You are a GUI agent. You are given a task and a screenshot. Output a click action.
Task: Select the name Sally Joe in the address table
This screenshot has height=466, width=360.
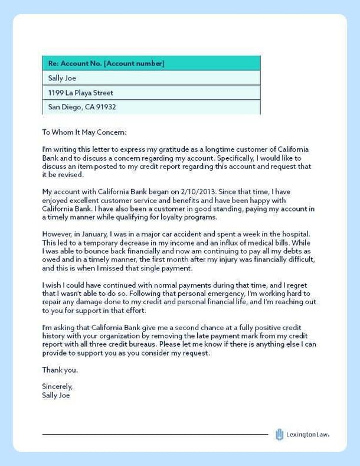click(x=63, y=78)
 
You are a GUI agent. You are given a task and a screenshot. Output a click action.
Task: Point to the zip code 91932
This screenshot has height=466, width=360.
click(x=106, y=107)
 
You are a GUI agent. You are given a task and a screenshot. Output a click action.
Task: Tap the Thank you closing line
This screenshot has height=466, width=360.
click(x=60, y=370)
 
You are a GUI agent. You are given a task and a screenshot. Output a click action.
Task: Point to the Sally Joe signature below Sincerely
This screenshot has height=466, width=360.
click(x=56, y=396)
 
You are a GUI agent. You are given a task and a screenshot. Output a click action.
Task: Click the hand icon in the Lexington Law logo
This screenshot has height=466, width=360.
click(x=280, y=435)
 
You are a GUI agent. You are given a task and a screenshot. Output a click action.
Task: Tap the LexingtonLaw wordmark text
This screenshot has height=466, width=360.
click(x=307, y=435)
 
